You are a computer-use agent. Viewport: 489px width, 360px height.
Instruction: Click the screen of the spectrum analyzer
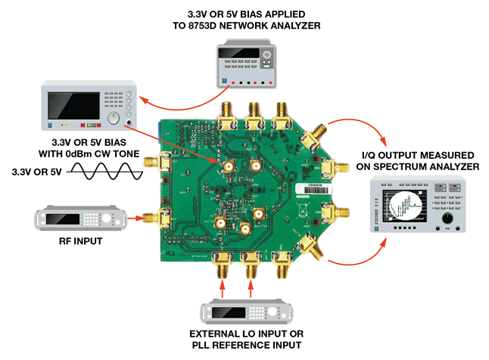coord(410,208)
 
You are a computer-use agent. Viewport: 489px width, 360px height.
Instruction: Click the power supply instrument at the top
coord(244,61)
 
